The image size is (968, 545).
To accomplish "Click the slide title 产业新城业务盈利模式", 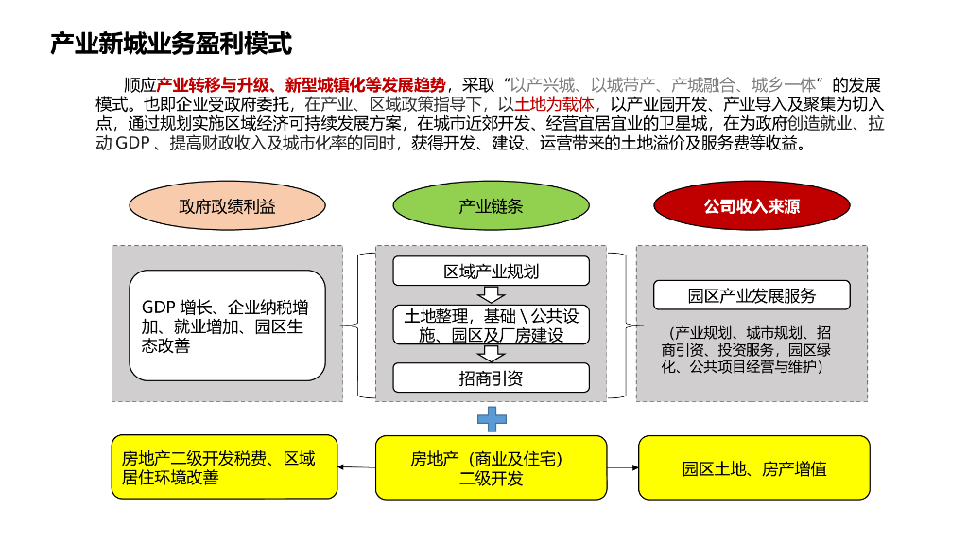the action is [x=171, y=44].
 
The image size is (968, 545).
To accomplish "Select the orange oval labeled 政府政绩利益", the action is [x=227, y=205].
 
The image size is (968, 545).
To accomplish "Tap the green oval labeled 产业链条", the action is [x=491, y=205].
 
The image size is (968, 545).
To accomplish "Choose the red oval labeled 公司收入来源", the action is [x=752, y=205].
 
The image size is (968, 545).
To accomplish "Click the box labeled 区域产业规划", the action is [x=491, y=272].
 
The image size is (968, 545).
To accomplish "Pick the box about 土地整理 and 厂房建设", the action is [x=491, y=325].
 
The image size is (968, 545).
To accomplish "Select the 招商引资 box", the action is [x=491, y=378].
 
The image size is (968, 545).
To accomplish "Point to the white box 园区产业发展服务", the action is [x=752, y=295].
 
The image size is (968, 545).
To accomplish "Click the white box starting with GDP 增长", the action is [x=227, y=325].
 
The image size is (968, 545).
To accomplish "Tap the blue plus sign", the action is [x=492, y=418].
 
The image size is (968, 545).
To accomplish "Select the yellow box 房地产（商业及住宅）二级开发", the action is [x=491, y=467].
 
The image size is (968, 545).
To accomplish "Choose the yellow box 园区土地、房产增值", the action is [x=754, y=467].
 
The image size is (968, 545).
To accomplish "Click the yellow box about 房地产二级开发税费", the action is [x=223, y=467].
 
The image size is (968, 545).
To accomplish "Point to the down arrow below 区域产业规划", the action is [x=492, y=295].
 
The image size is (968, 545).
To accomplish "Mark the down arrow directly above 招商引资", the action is [x=492, y=354].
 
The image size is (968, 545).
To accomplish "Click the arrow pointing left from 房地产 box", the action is [x=356, y=467].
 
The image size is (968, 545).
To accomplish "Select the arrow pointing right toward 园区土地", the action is [x=623, y=467].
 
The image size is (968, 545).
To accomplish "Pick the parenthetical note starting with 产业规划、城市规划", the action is [x=752, y=349].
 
